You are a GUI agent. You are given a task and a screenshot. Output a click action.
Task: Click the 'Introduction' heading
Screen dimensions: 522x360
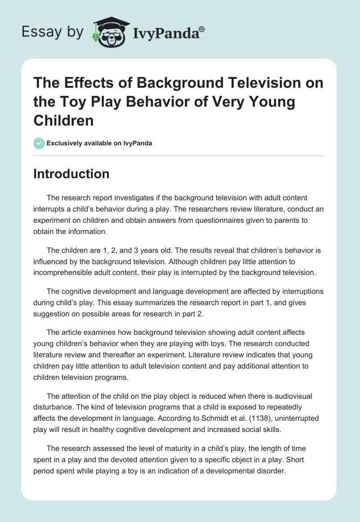tap(72, 174)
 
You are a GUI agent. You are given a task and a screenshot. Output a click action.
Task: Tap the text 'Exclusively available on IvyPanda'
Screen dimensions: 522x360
tap(99, 144)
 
